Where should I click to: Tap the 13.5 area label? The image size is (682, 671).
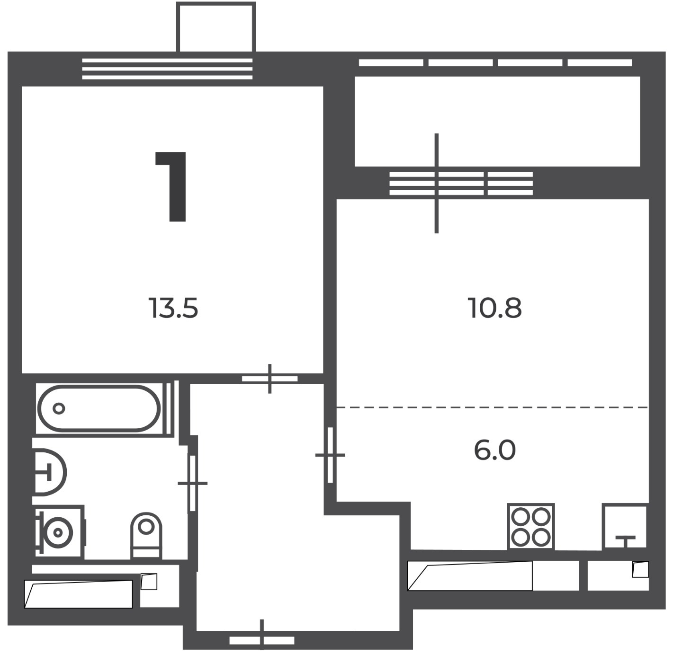[173, 308]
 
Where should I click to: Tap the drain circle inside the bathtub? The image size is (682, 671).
[59, 408]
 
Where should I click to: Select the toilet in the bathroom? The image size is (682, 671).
[146, 536]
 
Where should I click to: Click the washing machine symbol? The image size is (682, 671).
[60, 531]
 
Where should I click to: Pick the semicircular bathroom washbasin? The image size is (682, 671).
[50, 472]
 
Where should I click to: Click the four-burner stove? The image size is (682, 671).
[531, 527]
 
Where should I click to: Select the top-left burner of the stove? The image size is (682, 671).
[521, 517]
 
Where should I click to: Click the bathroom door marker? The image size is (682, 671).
[193, 483]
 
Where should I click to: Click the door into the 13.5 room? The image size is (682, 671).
[269, 379]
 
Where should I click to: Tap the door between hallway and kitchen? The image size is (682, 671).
[330, 455]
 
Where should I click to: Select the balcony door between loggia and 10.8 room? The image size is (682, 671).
[437, 183]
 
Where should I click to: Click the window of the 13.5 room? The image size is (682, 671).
[167, 69]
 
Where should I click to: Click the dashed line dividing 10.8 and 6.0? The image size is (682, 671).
[492, 407]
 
